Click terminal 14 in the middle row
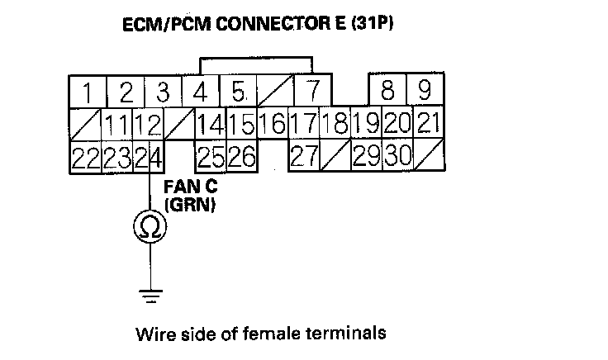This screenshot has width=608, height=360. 211,125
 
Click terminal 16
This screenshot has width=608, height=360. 272,125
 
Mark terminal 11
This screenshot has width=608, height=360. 117,125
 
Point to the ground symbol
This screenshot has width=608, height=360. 150,291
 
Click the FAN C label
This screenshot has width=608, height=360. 188,187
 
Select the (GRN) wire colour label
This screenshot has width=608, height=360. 190,206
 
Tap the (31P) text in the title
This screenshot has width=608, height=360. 368,24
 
